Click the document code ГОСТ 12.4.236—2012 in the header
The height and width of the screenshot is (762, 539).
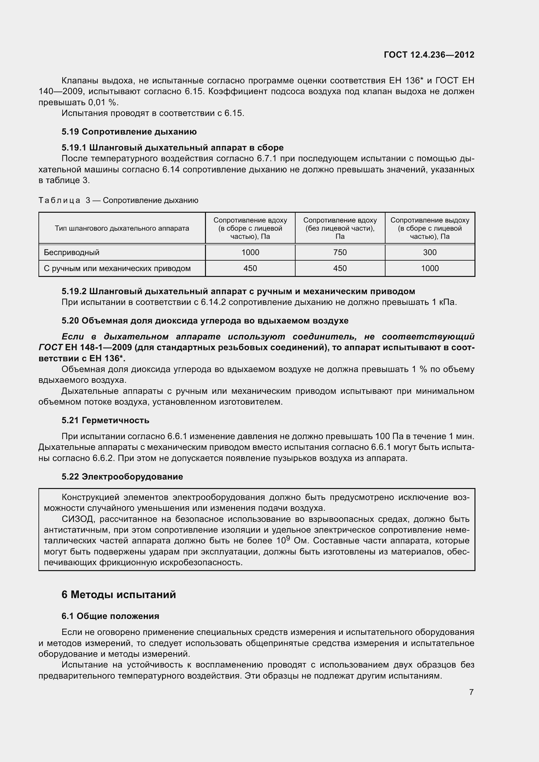(429, 55)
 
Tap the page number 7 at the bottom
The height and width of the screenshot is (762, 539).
(471, 692)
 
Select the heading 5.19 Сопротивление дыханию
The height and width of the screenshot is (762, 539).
(129, 132)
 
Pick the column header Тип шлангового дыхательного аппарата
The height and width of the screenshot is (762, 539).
(122, 228)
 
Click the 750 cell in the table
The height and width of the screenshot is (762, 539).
(340, 252)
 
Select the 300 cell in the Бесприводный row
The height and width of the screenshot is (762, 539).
(430, 252)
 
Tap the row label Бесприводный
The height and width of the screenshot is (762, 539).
(71, 252)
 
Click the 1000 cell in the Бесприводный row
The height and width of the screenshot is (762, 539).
(250, 252)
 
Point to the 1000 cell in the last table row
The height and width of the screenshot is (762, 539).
(430, 268)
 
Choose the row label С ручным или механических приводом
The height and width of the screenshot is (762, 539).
(117, 268)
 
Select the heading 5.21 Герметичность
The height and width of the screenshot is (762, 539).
(105, 420)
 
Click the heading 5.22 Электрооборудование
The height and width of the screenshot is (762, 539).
(122, 477)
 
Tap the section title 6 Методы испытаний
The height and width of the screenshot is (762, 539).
(119, 595)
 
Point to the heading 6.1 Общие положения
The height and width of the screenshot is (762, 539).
(110, 616)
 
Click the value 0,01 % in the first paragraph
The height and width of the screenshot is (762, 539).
(103, 102)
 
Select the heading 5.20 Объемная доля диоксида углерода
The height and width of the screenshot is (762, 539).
(205, 321)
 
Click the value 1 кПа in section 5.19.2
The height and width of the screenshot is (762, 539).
(448, 302)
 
